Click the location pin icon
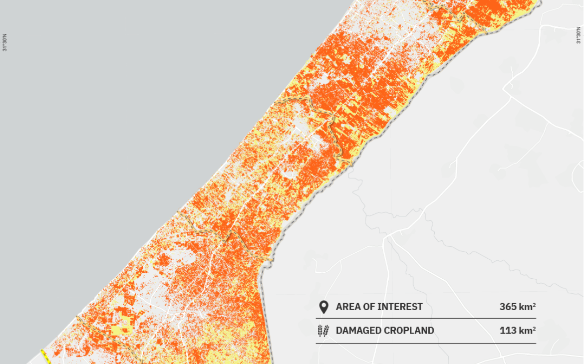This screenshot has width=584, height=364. point(323,307)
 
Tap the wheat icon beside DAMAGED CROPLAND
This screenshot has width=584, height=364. point(323,331)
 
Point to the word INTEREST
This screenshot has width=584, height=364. point(400,307)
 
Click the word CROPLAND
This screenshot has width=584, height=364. point(410,331)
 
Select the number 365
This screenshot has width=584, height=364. point(508,307)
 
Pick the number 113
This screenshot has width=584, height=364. point(508,331)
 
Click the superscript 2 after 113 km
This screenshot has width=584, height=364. point(534,328)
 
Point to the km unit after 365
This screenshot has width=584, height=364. point(525,307)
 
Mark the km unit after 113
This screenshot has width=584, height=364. point(525,331)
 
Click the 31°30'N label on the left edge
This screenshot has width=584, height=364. point(5,42)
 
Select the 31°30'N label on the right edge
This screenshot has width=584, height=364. point(579,35)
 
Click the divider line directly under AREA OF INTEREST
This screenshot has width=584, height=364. point(426,318)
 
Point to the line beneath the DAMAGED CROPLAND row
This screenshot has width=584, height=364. point(426,343)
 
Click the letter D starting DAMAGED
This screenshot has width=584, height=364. point(339,331)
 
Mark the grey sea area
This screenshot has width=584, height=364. point(125,125)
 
